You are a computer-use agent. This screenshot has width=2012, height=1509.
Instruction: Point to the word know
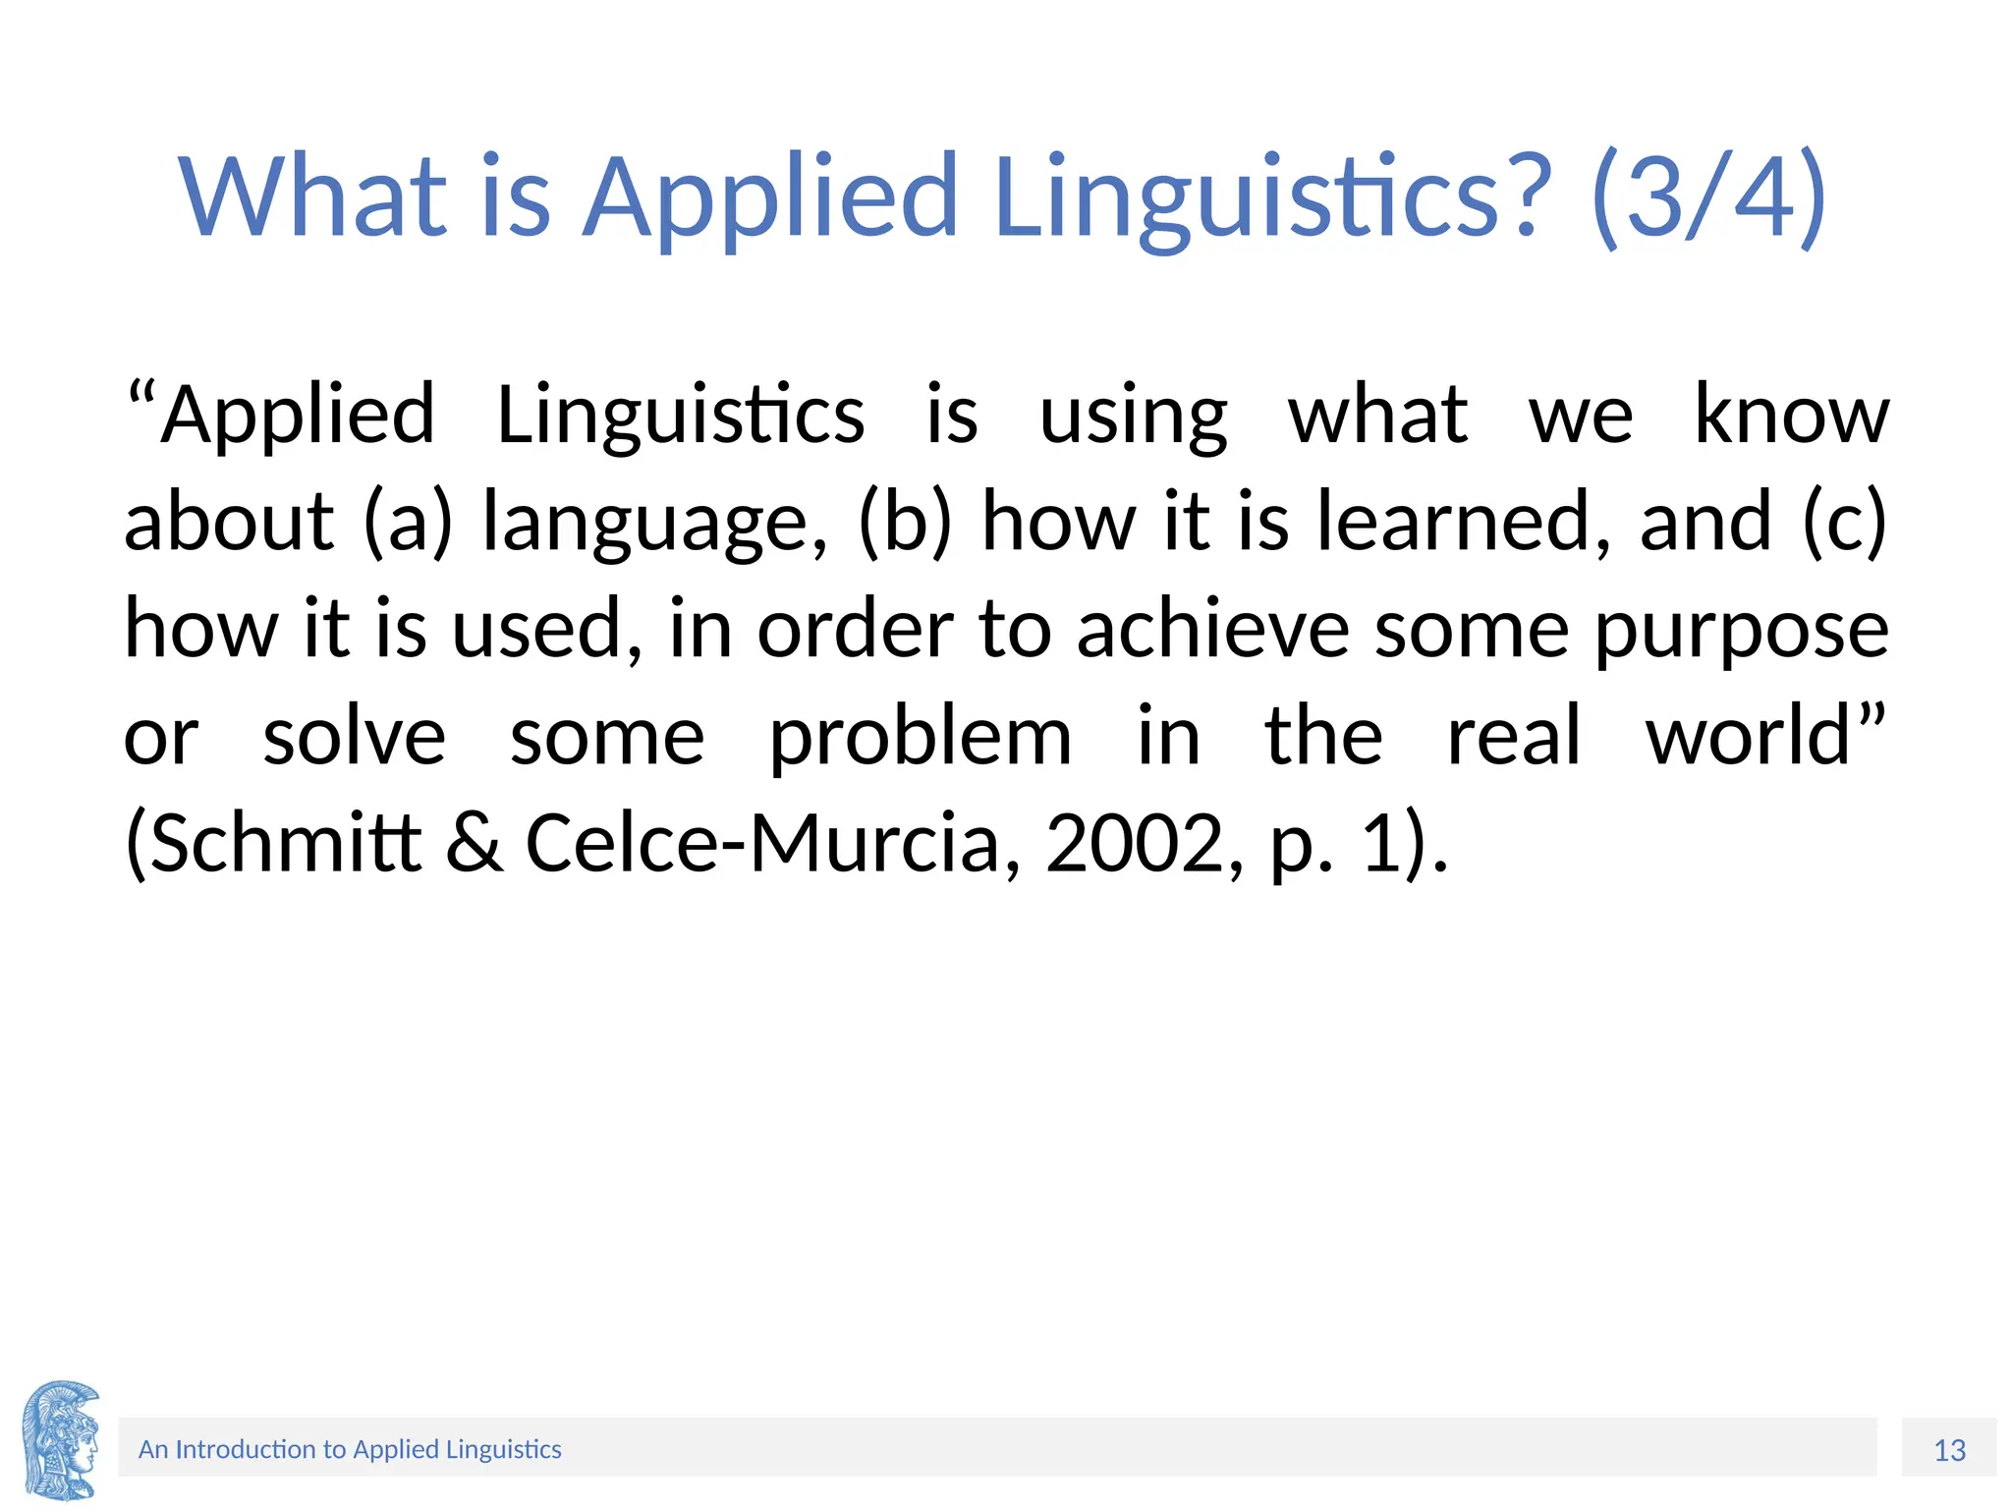tap(1791, 416)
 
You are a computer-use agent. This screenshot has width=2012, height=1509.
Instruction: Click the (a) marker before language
tap(408, 522)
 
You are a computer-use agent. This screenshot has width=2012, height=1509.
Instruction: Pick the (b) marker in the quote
tap(905, 522)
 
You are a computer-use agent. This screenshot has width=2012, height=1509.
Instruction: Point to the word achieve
tap(1212, 630)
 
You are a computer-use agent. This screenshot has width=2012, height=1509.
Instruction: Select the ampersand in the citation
tap(475, 843)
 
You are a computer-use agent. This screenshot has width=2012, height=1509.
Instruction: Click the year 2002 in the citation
tap(1134, 843)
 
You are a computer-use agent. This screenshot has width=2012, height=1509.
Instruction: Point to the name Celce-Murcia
tap(762, 843)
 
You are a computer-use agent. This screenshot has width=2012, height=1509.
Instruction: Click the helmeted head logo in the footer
tap(61, 1440)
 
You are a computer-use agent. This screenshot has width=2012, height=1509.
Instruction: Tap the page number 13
tap(1949, 1450)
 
